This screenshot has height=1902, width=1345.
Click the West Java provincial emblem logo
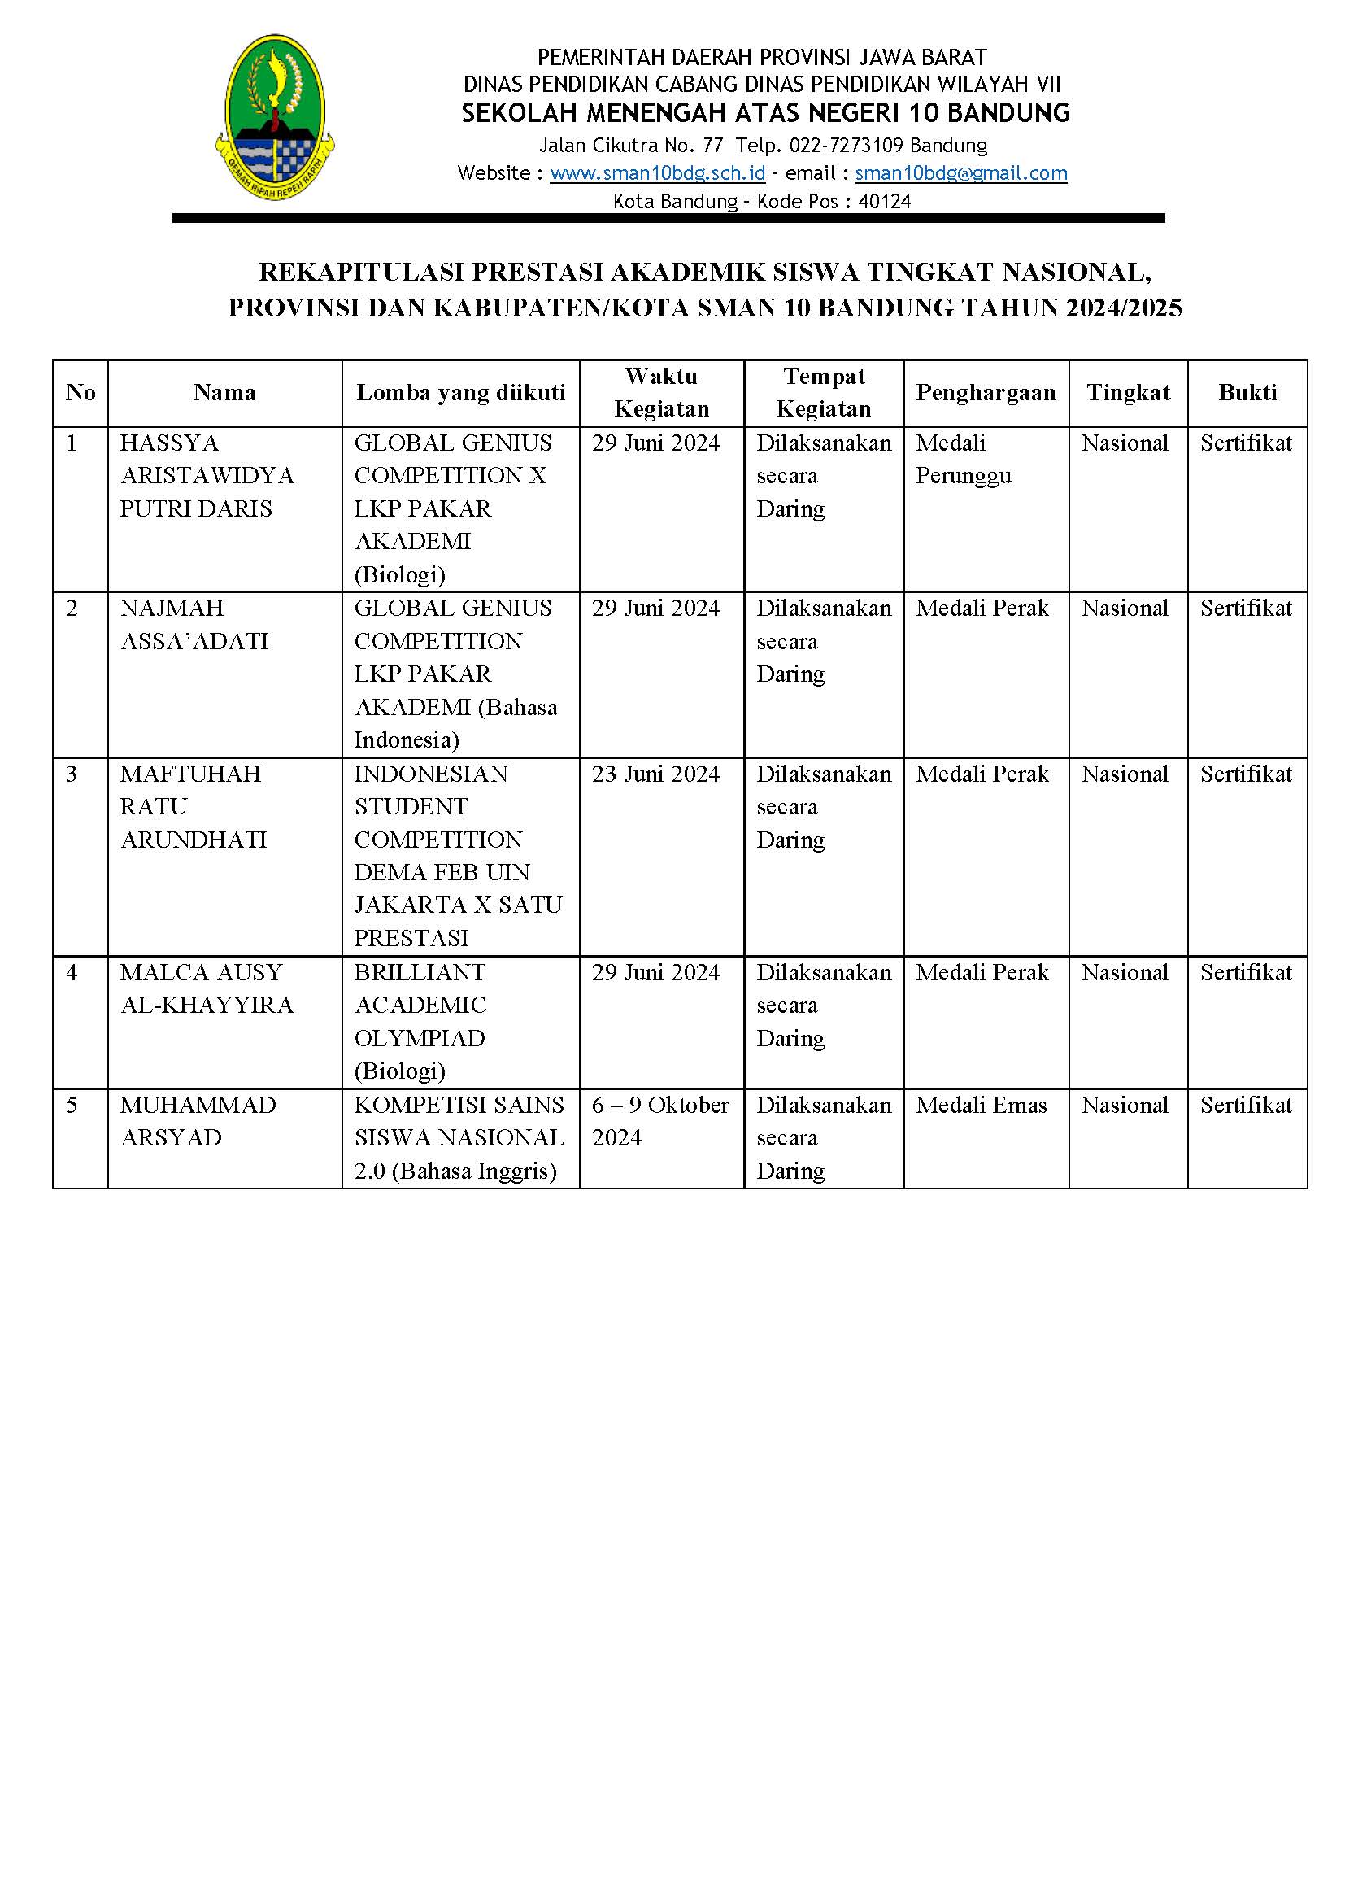click(x=274, y=117)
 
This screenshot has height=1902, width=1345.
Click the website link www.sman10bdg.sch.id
click(x=657, y=173)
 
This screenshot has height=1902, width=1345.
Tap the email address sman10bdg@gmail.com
click(x=960, y=173)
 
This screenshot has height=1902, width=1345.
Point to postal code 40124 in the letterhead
click(x=885, y=201)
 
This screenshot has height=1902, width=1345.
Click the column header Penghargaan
click(x=986, y=393)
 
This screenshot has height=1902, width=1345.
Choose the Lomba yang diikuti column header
click(x=460, y=393)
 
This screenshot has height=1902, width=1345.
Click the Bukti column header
click(x=1247, y=393)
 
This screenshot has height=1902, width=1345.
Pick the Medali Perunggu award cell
click(x=963, y=460)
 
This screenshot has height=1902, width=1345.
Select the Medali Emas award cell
click(x=981, y=1105)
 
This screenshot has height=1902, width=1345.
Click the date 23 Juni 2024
click(x=655, y=774)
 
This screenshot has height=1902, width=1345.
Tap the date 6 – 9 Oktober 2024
click(x=660, y=1121)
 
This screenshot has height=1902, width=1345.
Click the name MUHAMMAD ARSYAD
click(x=197, y=1121)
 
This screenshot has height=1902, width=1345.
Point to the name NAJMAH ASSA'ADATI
click(x=194, y=625)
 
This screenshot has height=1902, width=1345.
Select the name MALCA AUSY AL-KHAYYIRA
click(x=207, y=988)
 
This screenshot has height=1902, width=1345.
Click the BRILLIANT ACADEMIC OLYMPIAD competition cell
click(x=420, y=1022)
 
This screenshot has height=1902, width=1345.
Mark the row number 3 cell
click(x=72, y=774)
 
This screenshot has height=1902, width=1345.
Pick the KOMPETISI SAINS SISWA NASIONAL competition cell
click(x=459, y=1137)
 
